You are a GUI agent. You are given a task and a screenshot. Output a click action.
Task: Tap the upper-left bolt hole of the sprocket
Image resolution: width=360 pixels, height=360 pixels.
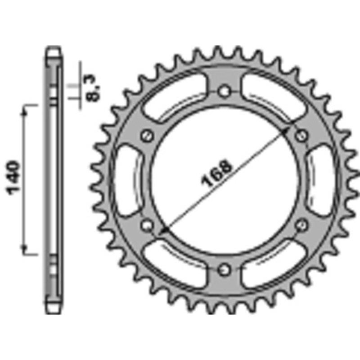coord(147,135)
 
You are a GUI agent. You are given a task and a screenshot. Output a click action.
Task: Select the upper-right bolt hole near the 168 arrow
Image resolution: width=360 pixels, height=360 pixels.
coord(301,135)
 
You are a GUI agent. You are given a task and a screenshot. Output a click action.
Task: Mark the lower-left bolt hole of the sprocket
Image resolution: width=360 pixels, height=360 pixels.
coord(147,224)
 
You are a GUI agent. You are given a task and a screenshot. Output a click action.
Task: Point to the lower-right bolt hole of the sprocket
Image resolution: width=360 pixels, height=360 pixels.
coord(301,224)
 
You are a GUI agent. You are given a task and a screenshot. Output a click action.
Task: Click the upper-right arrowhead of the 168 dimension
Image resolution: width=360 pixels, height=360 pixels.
coord(288,128)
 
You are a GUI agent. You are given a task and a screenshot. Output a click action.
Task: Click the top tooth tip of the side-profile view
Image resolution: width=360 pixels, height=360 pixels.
coord(53,49)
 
